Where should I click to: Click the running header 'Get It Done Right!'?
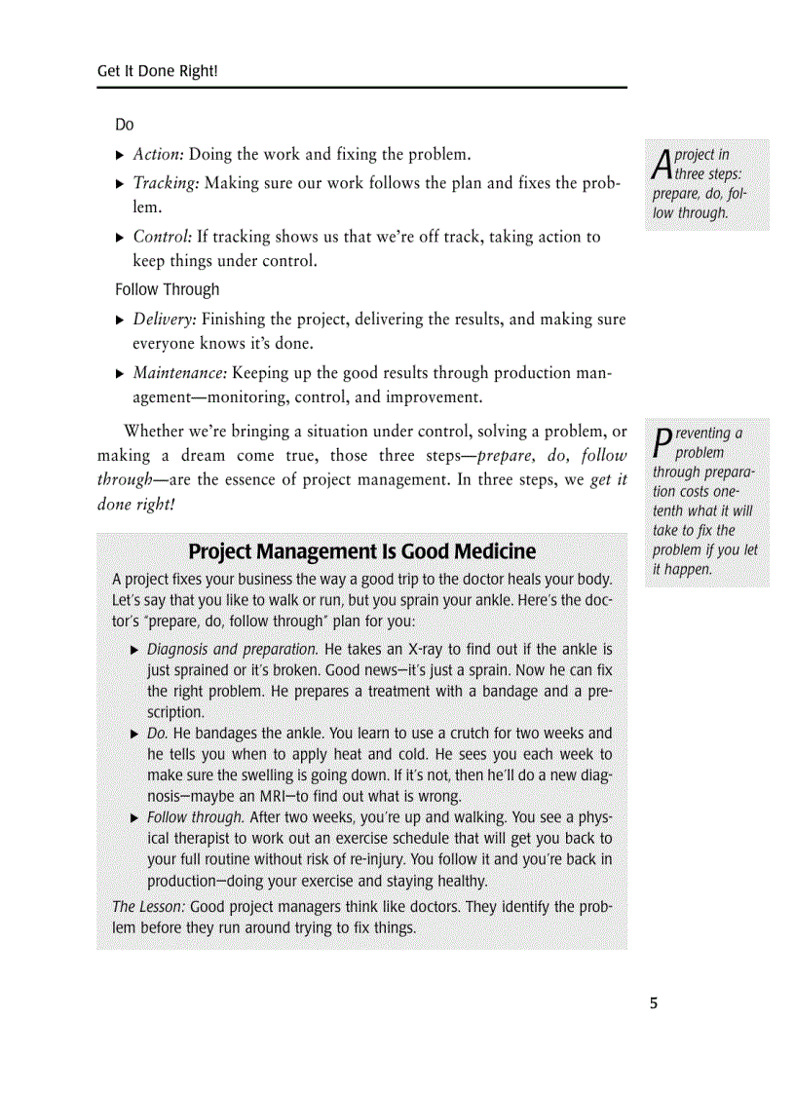(x=157, y=72)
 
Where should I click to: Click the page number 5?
(x=654, y=1003)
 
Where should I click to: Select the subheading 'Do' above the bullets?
(x=124, y=125)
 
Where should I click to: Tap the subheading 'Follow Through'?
(x=167, y=289)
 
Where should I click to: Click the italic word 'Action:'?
(x=158, y=154)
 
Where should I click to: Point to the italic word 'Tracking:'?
(x=166, y=183)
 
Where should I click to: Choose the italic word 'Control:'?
(x=162, y=237)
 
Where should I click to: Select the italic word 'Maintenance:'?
(x=180, y=373)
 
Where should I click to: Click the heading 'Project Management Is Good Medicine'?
(x=361, y=552)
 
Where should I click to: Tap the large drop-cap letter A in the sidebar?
(x=662, y=165)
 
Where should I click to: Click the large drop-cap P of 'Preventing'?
(x=662, y=443)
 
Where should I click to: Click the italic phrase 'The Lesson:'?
(x=149, y=907)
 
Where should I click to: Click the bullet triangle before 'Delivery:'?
(x=120, y=321)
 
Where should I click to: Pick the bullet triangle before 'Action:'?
(x=120, y=155)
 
